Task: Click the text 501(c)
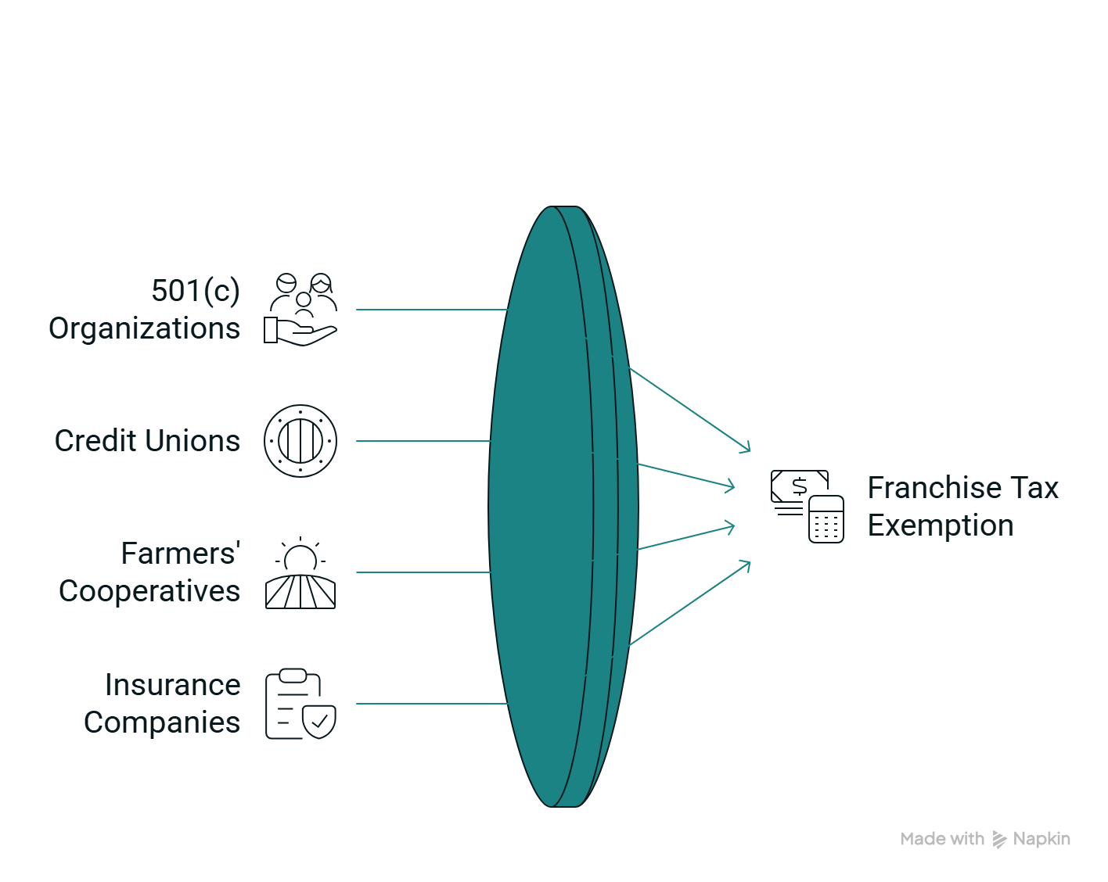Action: click(196, 291)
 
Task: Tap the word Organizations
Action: click(145, 328)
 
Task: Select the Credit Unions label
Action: click(148, 441)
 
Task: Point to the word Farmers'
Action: click(181, 554)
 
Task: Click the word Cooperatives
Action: click(149, 591)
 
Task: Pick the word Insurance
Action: click(173, 685)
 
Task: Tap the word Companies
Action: click(162, 722)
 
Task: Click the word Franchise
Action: click(935, 488)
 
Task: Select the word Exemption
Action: click(941, 525)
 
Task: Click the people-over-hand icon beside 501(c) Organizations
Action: click(300, 309)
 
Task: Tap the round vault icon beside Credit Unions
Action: click(300, 441)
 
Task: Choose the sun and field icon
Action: click(300, 574)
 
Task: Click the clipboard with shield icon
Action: click(300, 704)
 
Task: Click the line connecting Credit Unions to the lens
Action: click(423, 441)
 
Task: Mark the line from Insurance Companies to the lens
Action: click(430, 704)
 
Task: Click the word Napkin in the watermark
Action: click(1041, 839)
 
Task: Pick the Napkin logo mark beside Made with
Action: click(999, 840)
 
